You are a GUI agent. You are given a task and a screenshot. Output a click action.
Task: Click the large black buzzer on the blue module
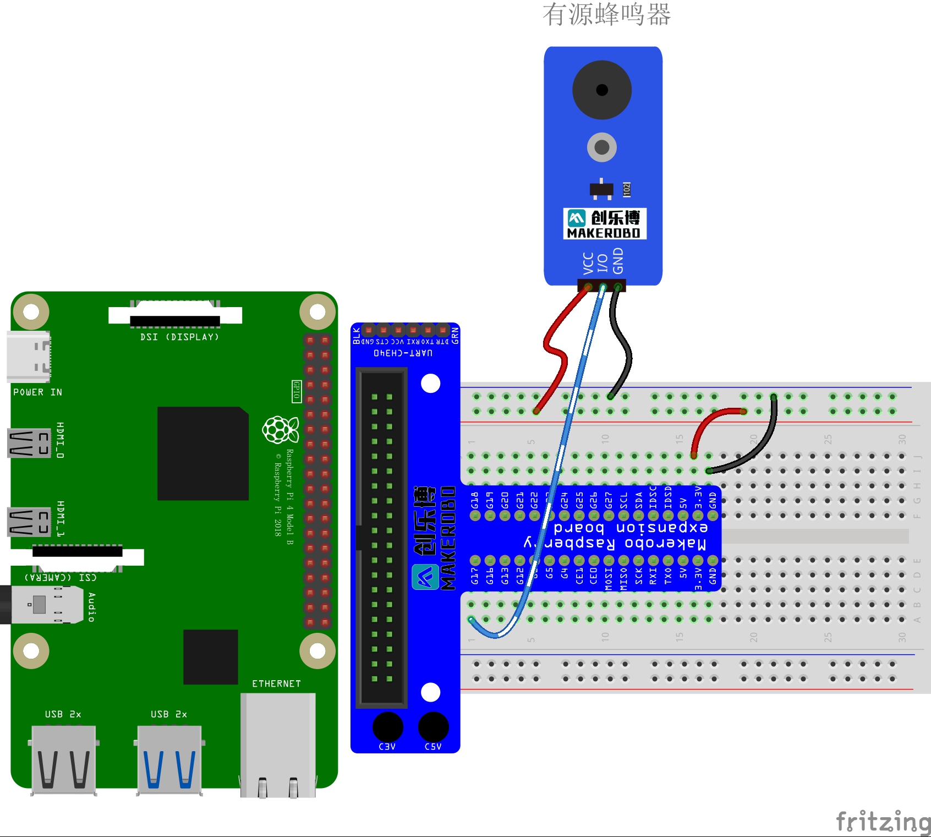point(601,90)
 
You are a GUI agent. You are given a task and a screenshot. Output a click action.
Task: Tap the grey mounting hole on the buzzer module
point(601,147)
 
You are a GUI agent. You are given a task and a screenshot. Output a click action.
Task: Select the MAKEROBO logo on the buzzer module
point(604,223)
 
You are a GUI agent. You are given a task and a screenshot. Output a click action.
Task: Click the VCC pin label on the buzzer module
point(588,264)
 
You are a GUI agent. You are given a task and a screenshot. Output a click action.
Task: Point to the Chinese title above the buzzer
point(606,14)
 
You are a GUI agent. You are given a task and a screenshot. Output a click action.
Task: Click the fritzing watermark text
point(883,822)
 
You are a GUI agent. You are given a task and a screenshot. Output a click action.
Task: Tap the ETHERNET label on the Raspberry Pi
point(276,683)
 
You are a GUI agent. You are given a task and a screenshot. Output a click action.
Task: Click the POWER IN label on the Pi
point(37,392)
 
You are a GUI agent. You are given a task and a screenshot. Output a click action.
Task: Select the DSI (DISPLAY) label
point(179,337)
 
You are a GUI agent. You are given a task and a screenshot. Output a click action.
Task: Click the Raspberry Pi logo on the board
point(280,430)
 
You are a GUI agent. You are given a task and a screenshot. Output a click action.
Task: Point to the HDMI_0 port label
point(60,440)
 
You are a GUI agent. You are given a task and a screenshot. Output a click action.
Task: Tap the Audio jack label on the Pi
point(91,607)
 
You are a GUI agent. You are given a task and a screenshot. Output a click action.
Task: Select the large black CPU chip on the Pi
point(202,453)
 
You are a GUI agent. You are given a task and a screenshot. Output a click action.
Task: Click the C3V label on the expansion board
point(387,746)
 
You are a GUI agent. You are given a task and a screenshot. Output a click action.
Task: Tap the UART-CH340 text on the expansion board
point(403,353)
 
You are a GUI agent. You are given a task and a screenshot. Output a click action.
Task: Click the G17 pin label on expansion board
point(474,576)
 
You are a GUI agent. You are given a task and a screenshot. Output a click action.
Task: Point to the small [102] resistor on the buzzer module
point(626,190)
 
